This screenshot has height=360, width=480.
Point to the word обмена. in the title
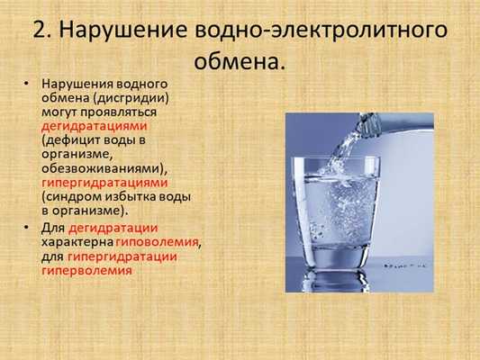click(240, 63)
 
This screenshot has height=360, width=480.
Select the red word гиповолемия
click(158, 241)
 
